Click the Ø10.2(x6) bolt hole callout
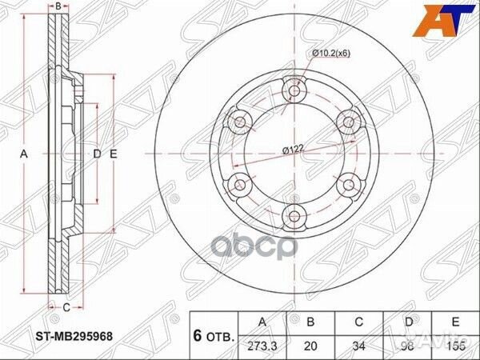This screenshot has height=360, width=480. pyautogui.click(x=330, y=53)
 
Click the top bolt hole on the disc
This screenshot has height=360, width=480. pyautogui.click(x=294, y=91)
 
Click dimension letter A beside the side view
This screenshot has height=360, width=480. pyautogui.click(x=24, y=153)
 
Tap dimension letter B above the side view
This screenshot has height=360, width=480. pyautogui.click(x=59, y=6)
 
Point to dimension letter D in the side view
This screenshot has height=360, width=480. pyautogui.click(x=97, y=153)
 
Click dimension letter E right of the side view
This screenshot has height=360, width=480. pyautogui.click(x=114, y=153)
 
